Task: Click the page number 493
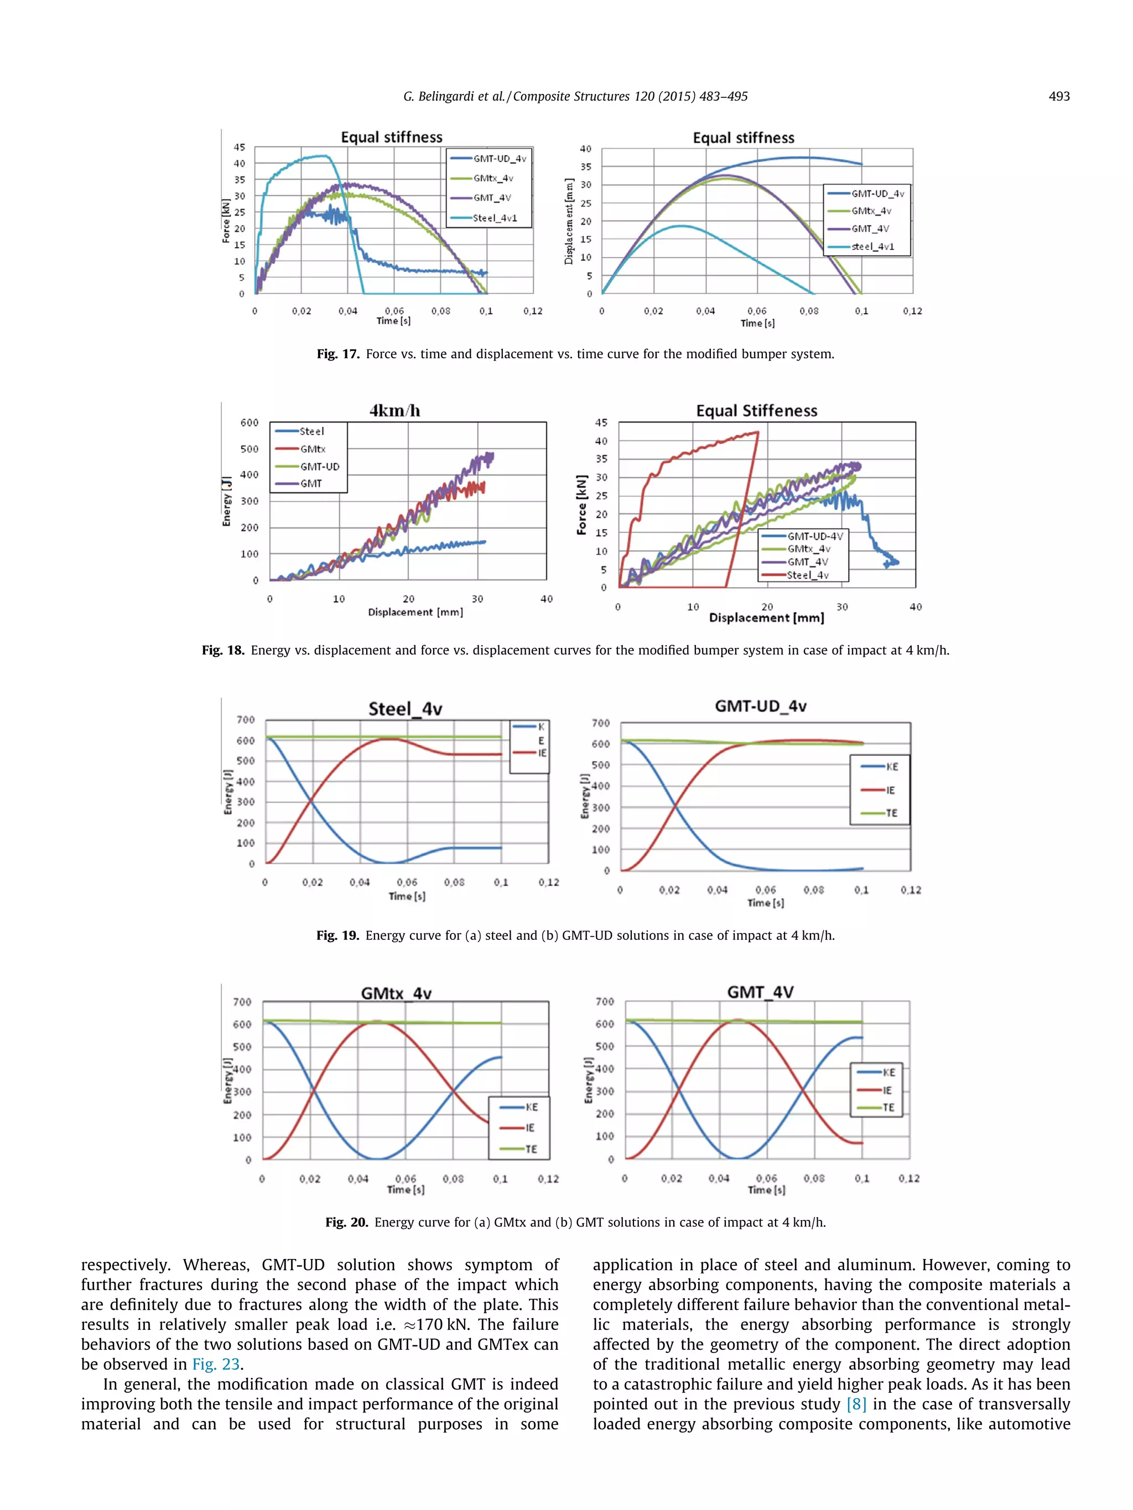click(1058, 96)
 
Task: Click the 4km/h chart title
click(395, 410)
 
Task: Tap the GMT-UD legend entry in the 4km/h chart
click(319, 466)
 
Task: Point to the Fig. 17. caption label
click(337, 354)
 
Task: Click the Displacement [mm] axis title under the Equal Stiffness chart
click(766, 617)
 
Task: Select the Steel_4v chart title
click(405, 709)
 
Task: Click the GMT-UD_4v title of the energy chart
click(760, 706)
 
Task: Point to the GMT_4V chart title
click(760, 992)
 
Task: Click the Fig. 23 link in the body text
click(216, 1364)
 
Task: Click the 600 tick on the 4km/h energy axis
click(250, 422)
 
